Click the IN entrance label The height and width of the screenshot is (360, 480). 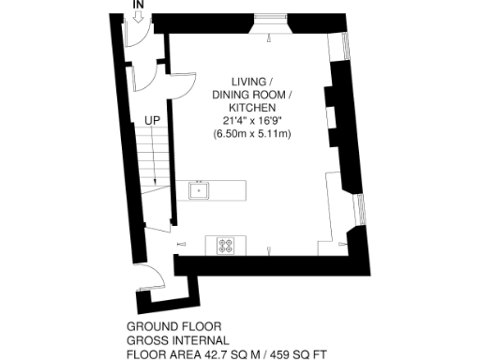[138, 6]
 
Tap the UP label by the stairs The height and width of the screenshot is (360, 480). [151, 120]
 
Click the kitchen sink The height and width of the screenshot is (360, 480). [200, 190]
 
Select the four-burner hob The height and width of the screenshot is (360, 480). [227, 246]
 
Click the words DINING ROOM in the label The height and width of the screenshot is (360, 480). [251, 95]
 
